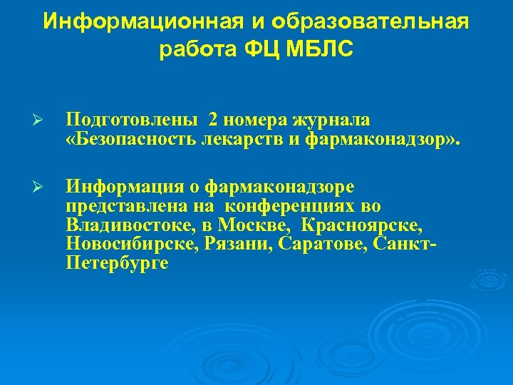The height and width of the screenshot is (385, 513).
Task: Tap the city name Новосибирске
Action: pos(133,245)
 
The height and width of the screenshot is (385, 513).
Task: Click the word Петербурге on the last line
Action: pos(117,264)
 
